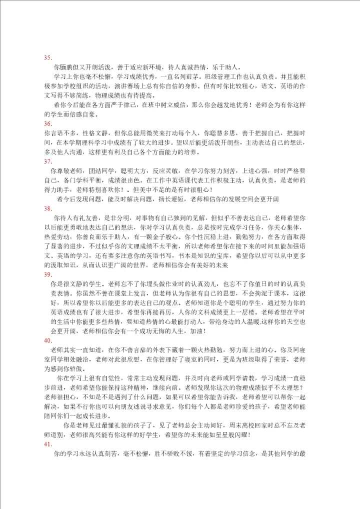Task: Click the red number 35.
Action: (48, 58)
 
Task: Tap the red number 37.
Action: (48, 161)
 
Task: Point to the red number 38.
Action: (48, 208)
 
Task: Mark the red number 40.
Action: (48, 340)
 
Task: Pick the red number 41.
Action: (48, 444)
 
